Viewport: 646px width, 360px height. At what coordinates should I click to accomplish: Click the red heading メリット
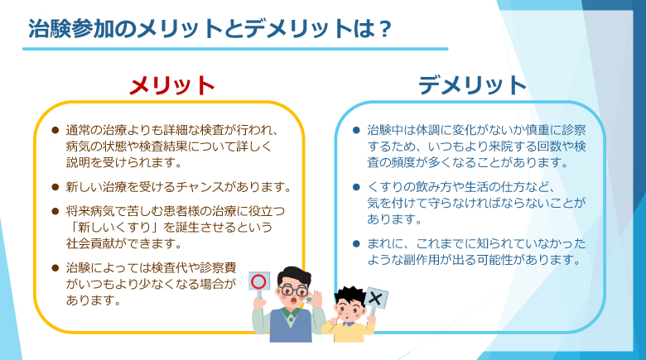[x=171, y=85]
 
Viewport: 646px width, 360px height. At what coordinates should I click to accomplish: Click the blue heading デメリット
[x=472, y=85]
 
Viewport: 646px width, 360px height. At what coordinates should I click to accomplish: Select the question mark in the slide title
[x=384, y=29]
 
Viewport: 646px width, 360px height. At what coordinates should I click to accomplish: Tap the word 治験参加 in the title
[x=71, y=29]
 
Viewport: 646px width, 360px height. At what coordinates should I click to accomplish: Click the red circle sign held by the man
[x=259, y=281]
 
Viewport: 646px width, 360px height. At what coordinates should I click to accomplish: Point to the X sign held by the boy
[x=376, y=298]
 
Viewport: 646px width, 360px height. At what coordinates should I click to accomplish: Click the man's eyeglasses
[x=292, y=290]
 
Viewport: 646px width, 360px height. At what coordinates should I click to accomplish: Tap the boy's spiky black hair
[x=350, y=295]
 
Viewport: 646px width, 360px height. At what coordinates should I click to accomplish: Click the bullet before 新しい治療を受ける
[x=55, y=187]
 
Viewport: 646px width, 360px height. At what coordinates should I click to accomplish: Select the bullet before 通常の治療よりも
[x=55, y=131]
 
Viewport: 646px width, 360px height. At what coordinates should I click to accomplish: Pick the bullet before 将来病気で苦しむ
[x=55, y=212]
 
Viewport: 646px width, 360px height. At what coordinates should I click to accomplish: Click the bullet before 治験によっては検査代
[x=55, y=268]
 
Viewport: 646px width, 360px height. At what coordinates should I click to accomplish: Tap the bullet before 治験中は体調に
[x=357, y=131]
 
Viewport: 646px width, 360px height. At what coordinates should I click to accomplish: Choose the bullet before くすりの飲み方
[x=357, y=187]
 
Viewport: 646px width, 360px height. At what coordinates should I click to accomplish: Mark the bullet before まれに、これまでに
[x=357, y=244]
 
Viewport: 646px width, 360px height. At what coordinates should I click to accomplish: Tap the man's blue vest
[x=291, y=328]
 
